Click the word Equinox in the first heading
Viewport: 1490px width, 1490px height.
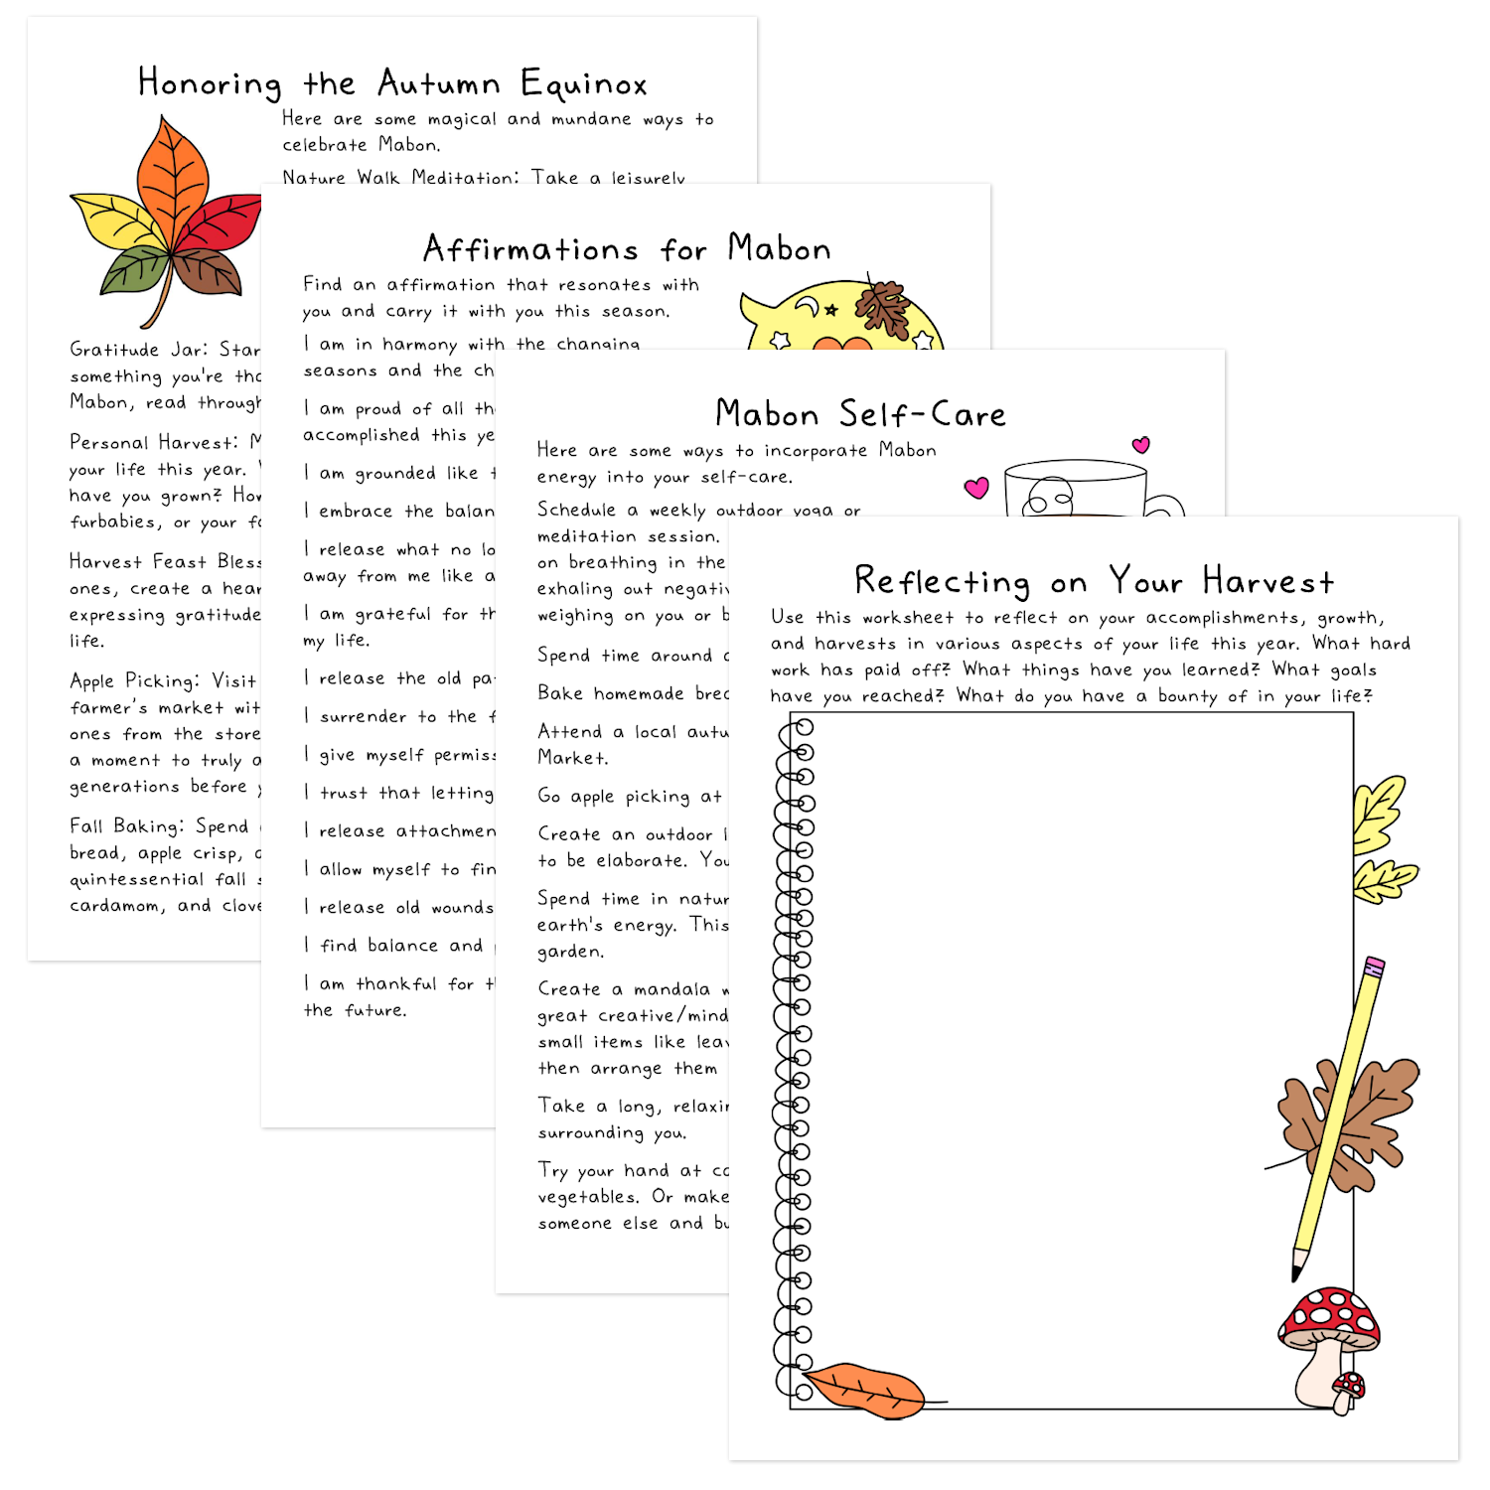pyautogui.click(x=583, y=85)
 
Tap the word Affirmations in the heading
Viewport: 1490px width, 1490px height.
pyautogui.click(x=530, y=248)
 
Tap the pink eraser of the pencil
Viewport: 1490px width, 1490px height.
pyautogui.click(x=1375, y=966)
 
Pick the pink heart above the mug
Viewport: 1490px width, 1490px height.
pyautogui.click(x=1141, y=445)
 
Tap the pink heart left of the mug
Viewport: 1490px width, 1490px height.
pyautogui.click(x=976, y=488)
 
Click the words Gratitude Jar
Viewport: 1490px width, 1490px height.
pyautogui.click(x=128, y=350)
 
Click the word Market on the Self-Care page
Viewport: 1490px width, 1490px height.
pyautogui.click(x=571, y=758)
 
